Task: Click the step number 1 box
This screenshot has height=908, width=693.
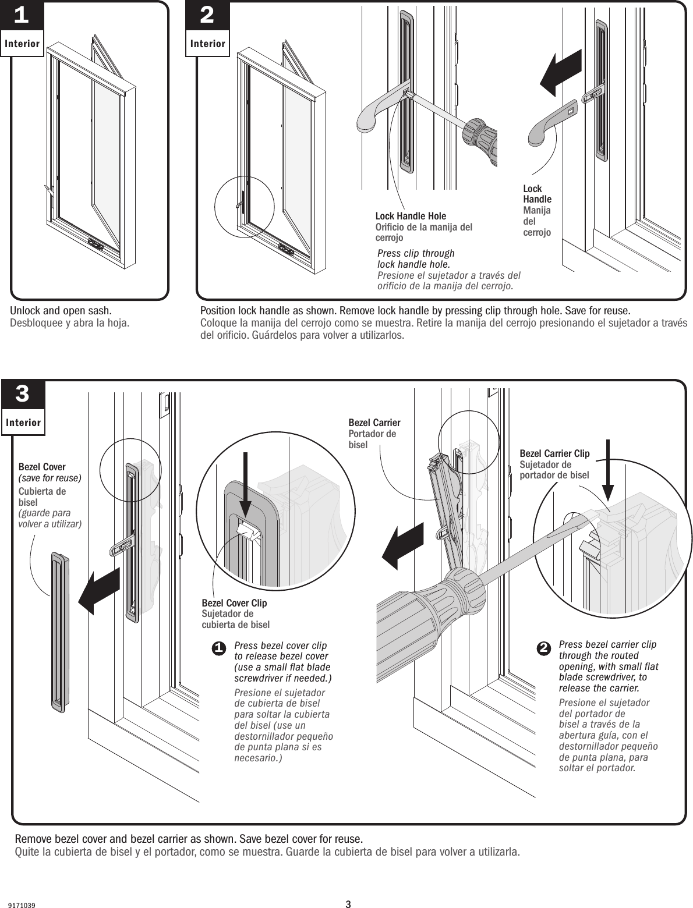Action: pyautogui.click(x=22, y=16)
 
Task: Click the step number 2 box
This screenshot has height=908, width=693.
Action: pyautogui.click(x=207, y=16)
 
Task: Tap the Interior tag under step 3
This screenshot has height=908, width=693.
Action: pyautogui.click(x=23, y=423)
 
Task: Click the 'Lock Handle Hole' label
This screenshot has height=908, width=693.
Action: pyautogui.click(x=411, y=217)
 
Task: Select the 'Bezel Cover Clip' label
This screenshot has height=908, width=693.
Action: pyautogui.click(x=234, y=603)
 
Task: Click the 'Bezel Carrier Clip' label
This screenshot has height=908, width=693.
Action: pyautogui.click(x=554, y=453)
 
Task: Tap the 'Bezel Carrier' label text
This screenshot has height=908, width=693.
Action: pyautogui.click(x=374, y=423)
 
